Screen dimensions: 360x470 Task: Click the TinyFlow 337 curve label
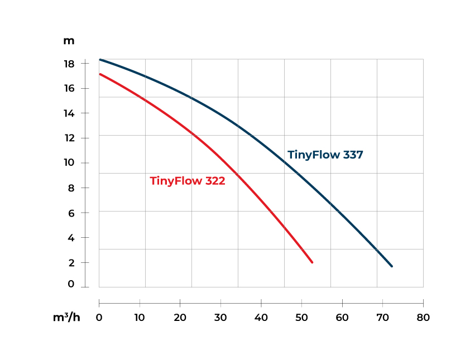pos(325,155)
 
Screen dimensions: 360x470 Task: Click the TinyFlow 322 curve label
pos(188,181)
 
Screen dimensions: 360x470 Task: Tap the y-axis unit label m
pos(69,41)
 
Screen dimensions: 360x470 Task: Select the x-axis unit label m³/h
pos(67,318)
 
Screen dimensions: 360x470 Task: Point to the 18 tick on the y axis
pos(69,64)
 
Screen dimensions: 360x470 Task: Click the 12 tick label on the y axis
pos(69,138)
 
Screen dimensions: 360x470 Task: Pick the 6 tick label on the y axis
pos(71,213)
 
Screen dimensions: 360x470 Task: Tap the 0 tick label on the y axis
pos(71,284)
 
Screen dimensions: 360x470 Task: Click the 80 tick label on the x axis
pos(423,318)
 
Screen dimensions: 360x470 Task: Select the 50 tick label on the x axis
pos(302,318)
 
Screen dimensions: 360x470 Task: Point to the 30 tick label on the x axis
pos(221,318)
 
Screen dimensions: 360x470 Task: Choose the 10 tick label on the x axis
pos(140,318)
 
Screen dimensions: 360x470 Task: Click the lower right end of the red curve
pos(312,262)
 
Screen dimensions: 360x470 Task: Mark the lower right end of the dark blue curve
pos(392,266)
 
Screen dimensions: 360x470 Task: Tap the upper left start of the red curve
pos(100,74)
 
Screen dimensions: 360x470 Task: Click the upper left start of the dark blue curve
pos(100,59)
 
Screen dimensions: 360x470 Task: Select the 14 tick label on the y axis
pos(69,113)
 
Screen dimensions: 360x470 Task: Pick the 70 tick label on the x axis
pos(383,318)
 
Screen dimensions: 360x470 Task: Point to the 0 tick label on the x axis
pos(99,318)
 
